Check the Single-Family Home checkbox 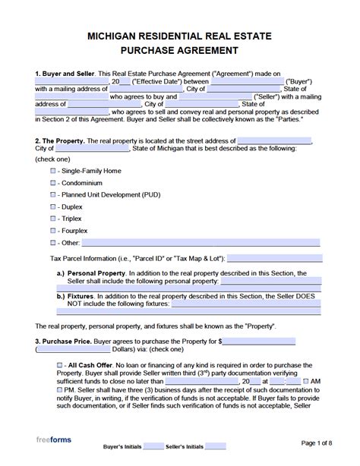click(52, 171)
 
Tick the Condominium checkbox click(52, 183)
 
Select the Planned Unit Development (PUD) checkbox click(52, 195)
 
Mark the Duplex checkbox click(52, 206)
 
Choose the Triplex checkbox click(52, 219)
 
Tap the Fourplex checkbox click(52, 231)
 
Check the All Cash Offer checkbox click(60, 365)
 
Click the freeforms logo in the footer click(54, 440)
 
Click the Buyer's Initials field click(153, 446)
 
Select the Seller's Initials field click(215, 446)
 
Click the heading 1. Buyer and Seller click(65, 74)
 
